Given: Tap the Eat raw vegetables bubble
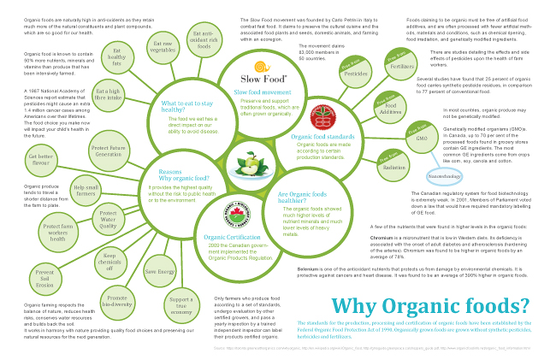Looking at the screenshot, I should tap(164, 46).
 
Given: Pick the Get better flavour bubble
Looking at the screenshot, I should tap(41, 159).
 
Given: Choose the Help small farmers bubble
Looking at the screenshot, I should tap(86, 191).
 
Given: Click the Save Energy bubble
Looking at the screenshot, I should tap(160, 271).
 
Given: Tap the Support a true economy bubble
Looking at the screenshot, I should tap(180, 304).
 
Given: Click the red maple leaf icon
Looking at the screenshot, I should tap(325, 115).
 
